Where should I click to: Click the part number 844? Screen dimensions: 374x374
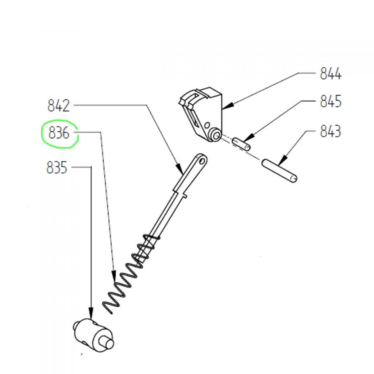point(330,74)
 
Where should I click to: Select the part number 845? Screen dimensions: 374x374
point(330,101)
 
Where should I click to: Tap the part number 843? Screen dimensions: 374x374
point(330,131)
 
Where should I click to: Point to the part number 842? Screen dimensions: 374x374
point(59,106)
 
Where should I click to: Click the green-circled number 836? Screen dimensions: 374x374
point(59,133)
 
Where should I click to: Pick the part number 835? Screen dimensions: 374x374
point(57,168)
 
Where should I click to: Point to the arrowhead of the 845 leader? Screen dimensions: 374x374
point(249,138)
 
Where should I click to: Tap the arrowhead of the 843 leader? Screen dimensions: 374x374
point(282,160)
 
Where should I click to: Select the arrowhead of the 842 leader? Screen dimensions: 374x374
point(180,169)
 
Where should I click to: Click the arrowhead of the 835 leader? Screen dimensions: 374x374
point(91,313)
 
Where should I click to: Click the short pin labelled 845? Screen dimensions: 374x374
point(241,144)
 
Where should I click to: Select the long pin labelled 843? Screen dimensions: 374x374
point(279,171)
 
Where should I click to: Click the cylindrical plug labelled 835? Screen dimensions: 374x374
point(93,335)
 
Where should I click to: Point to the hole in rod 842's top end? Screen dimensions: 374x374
point(202,161)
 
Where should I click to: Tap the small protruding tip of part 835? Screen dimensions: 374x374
point(109,344)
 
